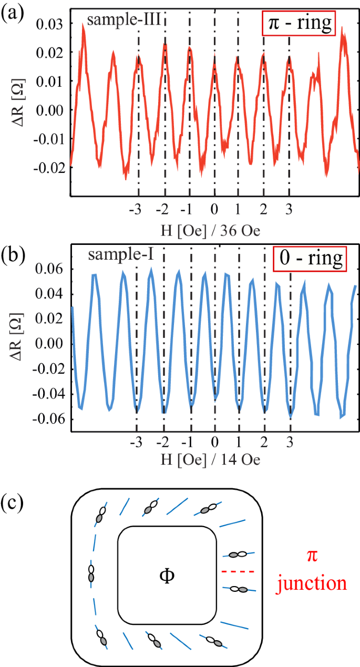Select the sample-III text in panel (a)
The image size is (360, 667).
point(124,21)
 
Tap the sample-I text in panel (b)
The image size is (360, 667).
point(121,255)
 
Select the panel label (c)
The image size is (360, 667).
point(12,502)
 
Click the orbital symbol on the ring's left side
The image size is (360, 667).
point(91,573)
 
